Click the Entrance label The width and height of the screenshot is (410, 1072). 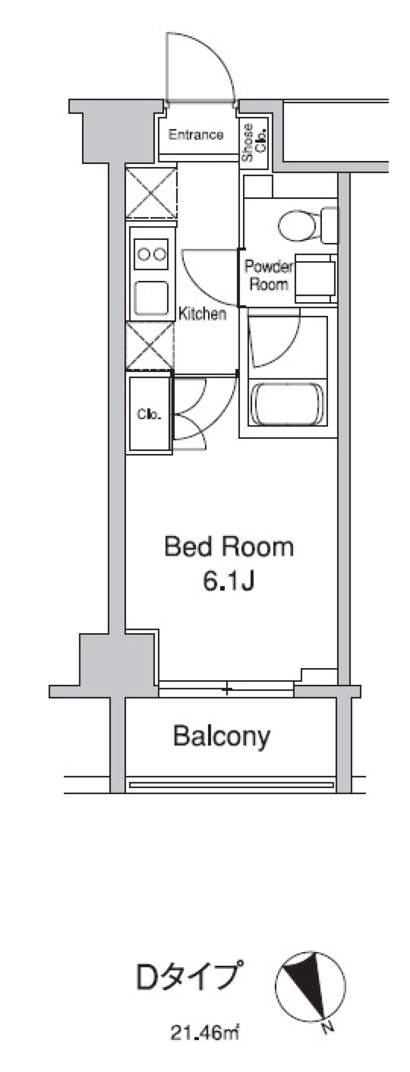pyautogui.click(x=196, y=135)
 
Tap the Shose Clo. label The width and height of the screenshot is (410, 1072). pyautogui.click(x=254, y=143)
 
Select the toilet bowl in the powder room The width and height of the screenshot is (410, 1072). pyautogui.click(x=298, y=224)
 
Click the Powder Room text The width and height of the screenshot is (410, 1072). pyautogui.click(x=268, y=275)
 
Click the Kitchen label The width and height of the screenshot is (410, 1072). pyautogui.click(x=202, y=314)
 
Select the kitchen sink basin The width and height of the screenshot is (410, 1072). pyautogui.click(x=151, y=298)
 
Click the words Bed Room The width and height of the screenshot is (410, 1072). pyautogui.click(x=229, y=547)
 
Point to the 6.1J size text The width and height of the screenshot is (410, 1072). pyautogui.click(x=229, y=581)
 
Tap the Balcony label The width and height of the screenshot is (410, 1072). pyautogui.click(x=222, y=736)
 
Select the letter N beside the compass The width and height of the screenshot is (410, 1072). pyautogui.click(x=328, y=1026)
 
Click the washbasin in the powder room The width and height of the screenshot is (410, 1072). pyautogui.click(x=316, y=277)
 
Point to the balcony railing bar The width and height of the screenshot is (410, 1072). pyautogui.click(x=231, y=785)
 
